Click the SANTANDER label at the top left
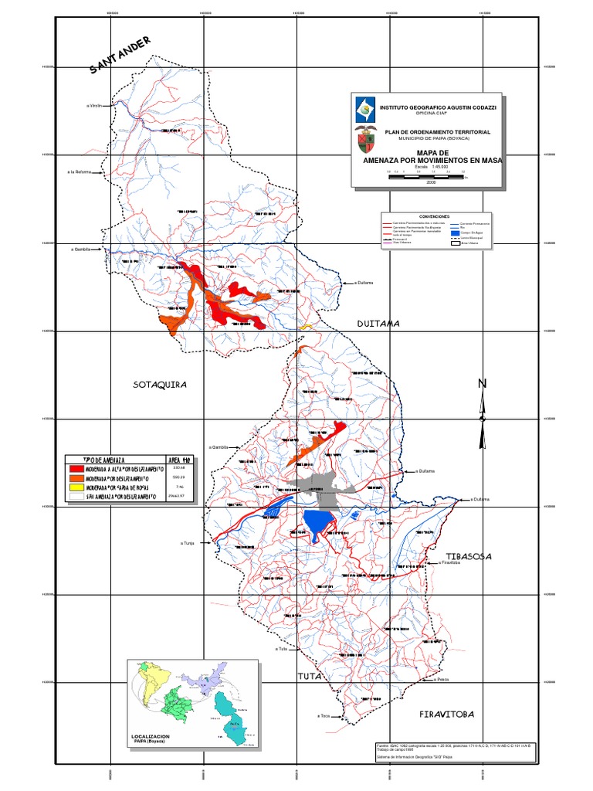(x=120, y=56)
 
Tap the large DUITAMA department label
(x=378, y=324)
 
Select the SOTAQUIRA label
(x=160, y=384)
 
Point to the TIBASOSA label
(x=469, y=556)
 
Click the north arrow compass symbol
(x=483, y=413)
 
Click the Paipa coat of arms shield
(x=365, y=141)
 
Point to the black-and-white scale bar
(x=427, y=177)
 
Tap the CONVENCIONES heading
(x=433, y=217)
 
